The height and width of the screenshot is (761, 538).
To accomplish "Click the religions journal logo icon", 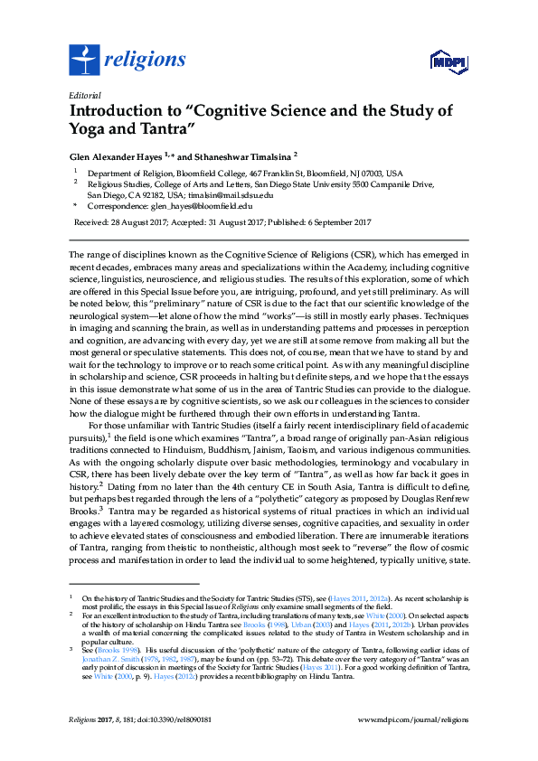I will (x=84, y=61).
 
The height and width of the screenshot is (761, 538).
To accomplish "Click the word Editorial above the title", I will (x=85, y=95).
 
